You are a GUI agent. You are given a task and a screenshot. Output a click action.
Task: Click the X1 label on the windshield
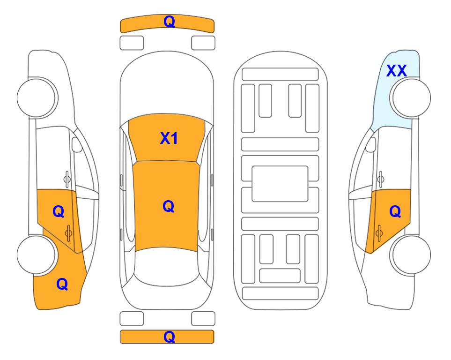169,138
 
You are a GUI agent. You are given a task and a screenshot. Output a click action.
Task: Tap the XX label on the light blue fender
396,71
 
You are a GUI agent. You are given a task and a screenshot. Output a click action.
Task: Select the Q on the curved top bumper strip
169,21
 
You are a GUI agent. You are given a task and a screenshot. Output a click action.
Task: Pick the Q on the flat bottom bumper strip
169,337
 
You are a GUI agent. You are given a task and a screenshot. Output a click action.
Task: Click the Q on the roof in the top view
169,206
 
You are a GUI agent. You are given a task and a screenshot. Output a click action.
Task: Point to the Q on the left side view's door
59,212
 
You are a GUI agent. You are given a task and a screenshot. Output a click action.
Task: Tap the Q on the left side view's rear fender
62,284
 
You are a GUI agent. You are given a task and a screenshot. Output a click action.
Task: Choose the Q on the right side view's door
395,212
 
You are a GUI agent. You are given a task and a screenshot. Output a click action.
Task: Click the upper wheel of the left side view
37,97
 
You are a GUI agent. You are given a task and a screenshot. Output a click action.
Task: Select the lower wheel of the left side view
37,255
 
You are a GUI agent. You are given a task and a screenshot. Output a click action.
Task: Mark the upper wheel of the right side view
411,97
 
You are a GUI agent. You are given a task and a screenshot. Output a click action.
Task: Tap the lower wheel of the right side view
411,255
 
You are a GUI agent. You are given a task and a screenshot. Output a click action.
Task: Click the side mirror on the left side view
76,144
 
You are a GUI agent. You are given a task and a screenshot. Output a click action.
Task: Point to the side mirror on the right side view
371,144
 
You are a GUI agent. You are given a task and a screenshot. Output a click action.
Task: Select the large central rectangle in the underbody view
280,184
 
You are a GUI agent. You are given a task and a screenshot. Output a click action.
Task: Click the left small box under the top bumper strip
132,43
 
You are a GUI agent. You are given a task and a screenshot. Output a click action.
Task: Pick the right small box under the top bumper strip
203,43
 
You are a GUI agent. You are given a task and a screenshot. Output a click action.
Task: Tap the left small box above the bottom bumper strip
132,319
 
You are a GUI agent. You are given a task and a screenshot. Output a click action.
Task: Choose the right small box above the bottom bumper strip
203,319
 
